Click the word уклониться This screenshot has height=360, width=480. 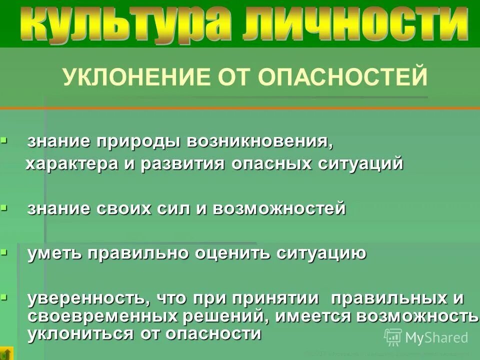[x=75, y=333]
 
